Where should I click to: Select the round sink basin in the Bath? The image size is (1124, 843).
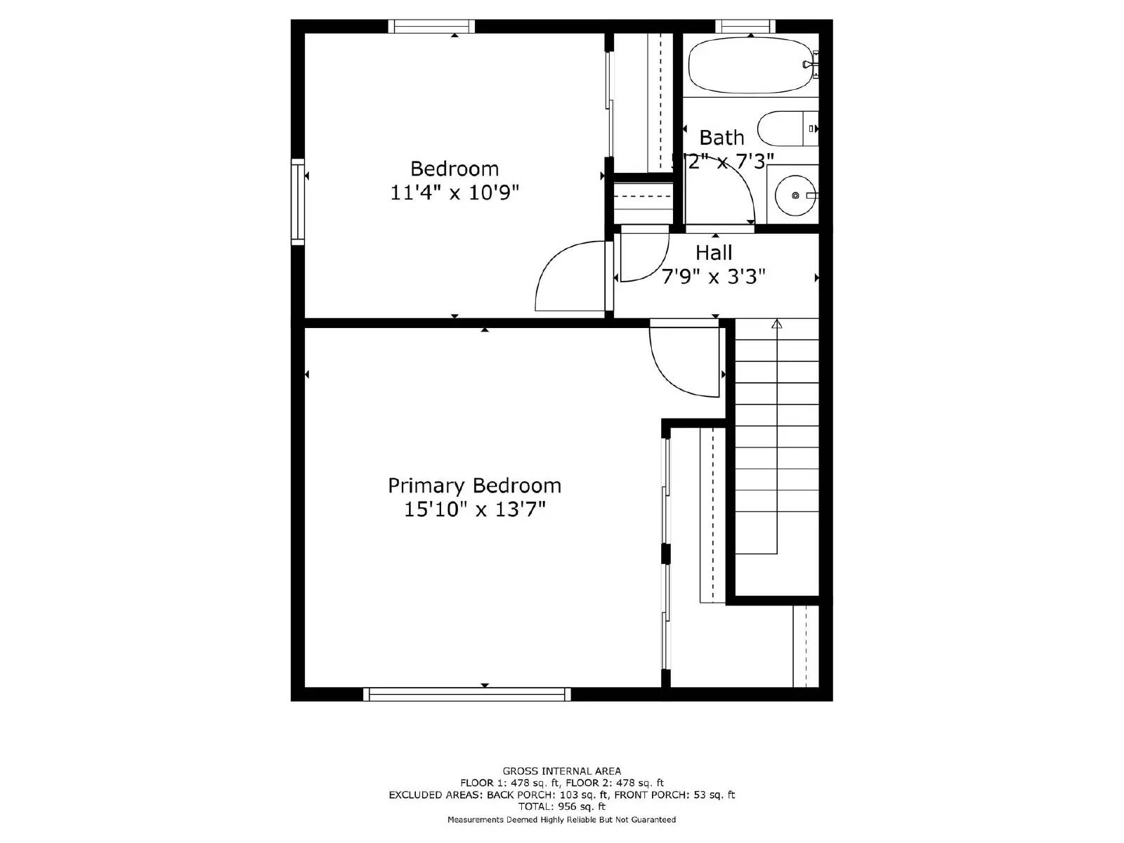pyautogui.click(x=795, y=195)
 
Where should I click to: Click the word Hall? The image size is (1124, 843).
pyautogui.click(x=714, y=253)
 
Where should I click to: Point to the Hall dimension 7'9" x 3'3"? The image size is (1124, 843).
pyautogui.click(x=714, y=276)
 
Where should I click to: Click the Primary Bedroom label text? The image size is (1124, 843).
pyautogui.click(x=474, y=485)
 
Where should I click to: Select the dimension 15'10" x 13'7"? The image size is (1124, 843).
pyautogui.click(x=474, y=509)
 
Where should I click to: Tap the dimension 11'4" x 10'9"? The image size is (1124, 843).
pyautogui.click(x=455, y=192)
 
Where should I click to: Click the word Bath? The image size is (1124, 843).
pyautogui.click(x=721, y=138)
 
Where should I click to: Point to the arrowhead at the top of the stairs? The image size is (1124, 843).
pyautogui.click(x=776, y=324)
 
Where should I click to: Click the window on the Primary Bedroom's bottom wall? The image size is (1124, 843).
pyautogui.click(x=467, y=695)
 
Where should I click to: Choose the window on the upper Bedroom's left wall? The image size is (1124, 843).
pyautogui.click(x=298, y=202)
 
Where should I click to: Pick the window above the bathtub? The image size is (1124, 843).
pyautogui.click(x=745, y=27)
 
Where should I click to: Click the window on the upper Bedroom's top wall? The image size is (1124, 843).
pyautogui.click(x=431, y=27)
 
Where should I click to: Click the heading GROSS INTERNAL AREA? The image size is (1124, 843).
pyautogui.click(x=561, y=771)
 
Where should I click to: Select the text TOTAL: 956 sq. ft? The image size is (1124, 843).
pyautogui.click(x=561, y=807)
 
